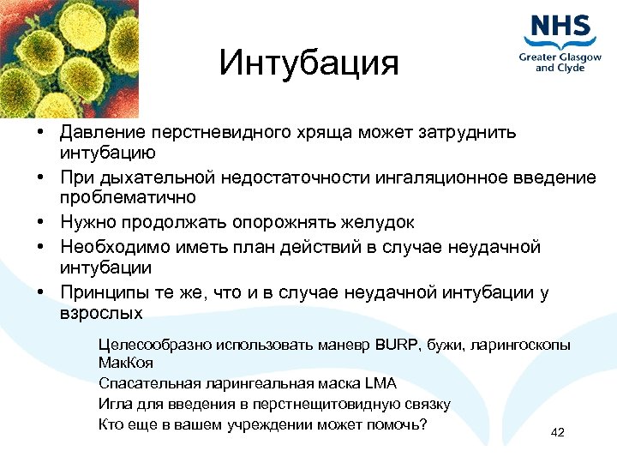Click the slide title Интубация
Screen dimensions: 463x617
tap(308, 63)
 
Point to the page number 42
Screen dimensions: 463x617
tap(557, 431)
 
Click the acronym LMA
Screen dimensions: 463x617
tap(381, 384)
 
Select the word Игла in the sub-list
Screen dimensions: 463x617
tap(114, 404)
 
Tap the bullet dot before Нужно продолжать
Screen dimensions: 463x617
tap(40, 223)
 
